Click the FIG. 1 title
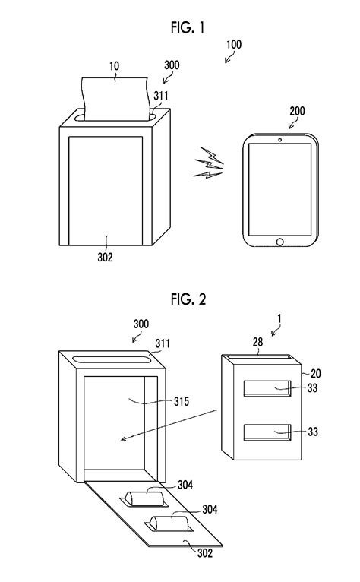[188, 27]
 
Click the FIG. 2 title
[188, 299]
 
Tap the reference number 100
[234, 45]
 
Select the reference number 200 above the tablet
[297, 111]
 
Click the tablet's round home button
[279, 242]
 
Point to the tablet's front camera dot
[279, 140]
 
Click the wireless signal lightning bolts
[209, 163]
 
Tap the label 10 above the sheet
[115, 66]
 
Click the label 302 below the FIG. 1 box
[105, 257]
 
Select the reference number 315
[182, 401]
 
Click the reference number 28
[258, 342]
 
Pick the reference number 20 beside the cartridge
[315, 373]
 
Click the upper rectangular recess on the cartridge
[267, 388]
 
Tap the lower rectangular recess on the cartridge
[267, 432]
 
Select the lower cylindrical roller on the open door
[169, 523]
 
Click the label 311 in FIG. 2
[163, 343]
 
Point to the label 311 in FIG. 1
[161, 96]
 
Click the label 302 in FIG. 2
[205, 553]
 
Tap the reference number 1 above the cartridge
[279, 319]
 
